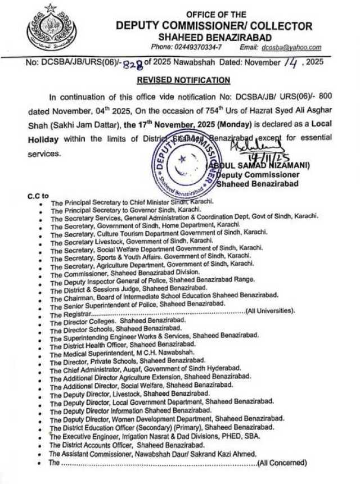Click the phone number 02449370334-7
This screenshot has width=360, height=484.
pos(194,48)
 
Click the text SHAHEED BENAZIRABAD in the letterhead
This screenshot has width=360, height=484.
pos(214,37)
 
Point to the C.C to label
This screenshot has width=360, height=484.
pos(39,196)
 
